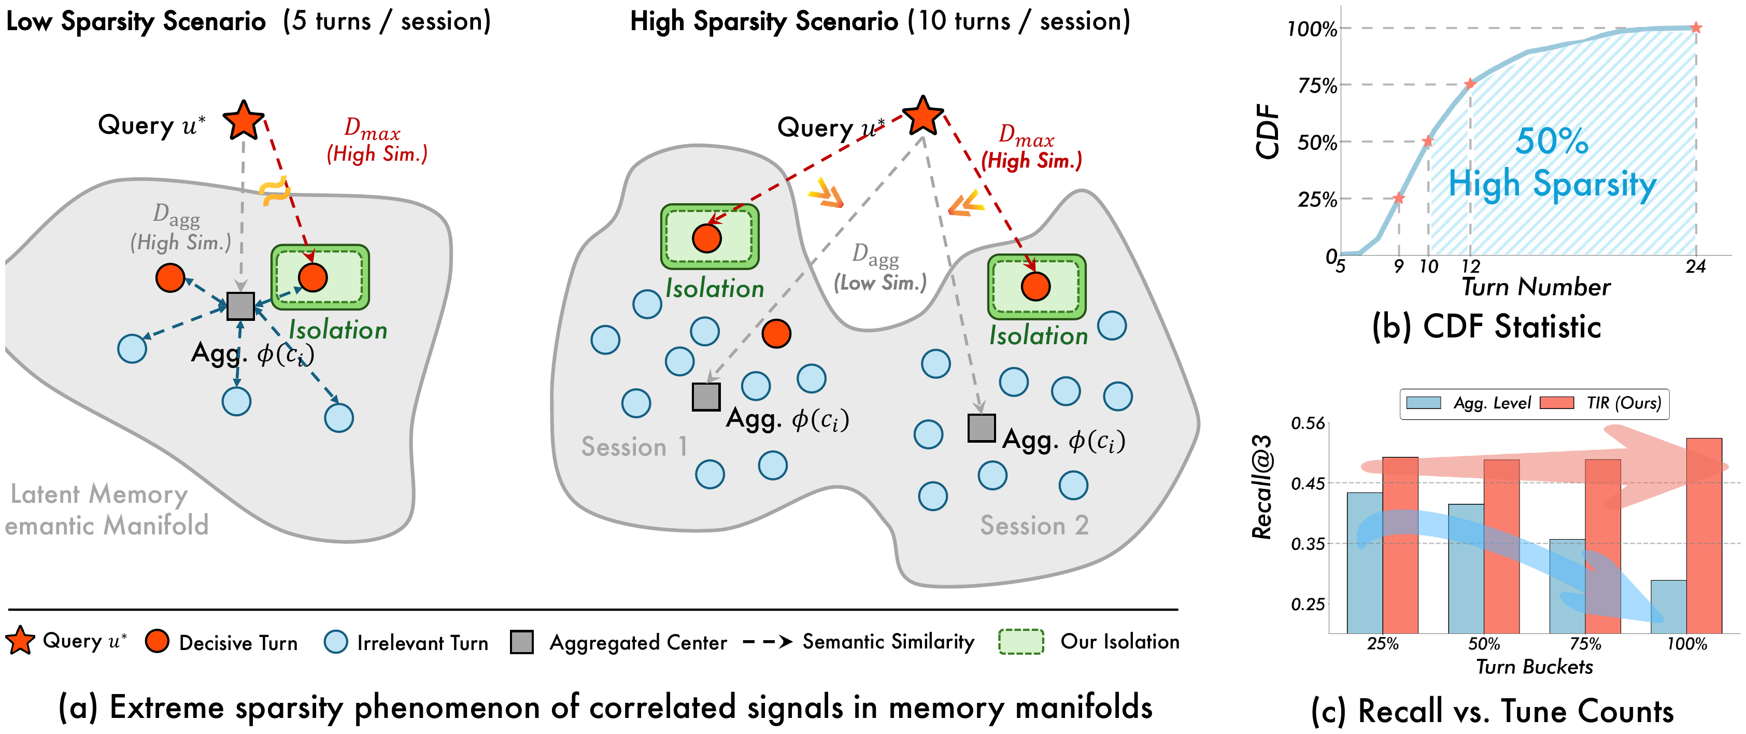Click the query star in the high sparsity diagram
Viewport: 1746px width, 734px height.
(922, 116)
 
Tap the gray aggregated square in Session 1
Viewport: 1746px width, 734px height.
(705, 397)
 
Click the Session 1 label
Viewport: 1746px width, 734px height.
(634, 447)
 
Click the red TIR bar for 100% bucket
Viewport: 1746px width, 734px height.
(1704, 535)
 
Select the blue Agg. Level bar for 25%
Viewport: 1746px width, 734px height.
(1365, 562)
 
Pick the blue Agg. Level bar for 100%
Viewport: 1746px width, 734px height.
(1668, 606)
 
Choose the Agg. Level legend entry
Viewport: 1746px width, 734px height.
(1491, 403)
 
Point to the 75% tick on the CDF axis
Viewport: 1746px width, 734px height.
(1317, 86)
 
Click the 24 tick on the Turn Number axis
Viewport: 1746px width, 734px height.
(1695, 266)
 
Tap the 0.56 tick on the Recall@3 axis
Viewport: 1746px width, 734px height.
(1308, 424)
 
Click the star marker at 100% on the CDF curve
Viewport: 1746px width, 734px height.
(1696, 28)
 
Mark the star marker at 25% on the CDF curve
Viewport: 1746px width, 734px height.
(1399, 199)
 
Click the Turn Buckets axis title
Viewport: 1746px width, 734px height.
(1535, 667)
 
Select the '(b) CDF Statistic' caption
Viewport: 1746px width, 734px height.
(1486, 327)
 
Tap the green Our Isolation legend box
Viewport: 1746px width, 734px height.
(1021, 642)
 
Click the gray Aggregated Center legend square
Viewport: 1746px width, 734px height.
(521, 642)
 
